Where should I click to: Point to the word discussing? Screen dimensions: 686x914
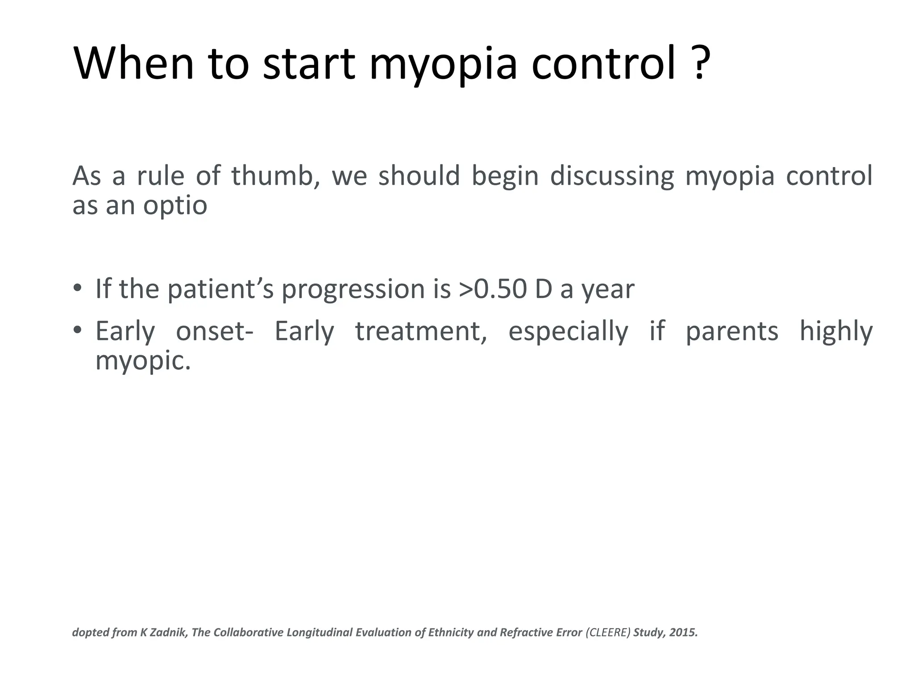[611, 176]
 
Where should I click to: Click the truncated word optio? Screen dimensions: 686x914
[175, 206]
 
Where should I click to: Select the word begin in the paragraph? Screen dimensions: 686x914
[505, 176]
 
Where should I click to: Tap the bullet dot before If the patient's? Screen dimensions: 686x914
[78, 288]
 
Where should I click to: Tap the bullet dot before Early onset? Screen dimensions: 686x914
[78, 330]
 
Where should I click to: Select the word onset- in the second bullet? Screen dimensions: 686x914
[215, 331]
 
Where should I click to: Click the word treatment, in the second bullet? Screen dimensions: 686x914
[421, 331]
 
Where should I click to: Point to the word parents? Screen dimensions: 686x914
[731, 331]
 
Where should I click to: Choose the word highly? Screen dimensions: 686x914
[835, 331]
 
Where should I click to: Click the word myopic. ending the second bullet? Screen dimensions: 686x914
[143, 361]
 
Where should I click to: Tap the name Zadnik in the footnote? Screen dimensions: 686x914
[167, 632]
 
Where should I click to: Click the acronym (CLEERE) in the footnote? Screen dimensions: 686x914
[608, 632]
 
